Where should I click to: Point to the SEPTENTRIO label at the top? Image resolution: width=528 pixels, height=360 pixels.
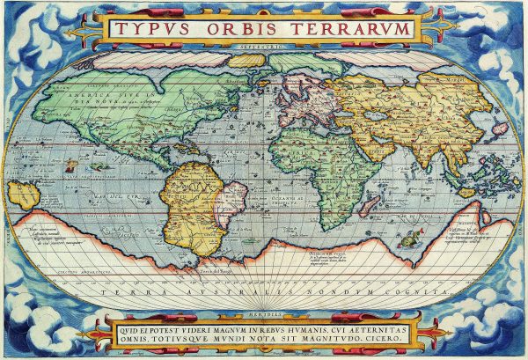263,45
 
